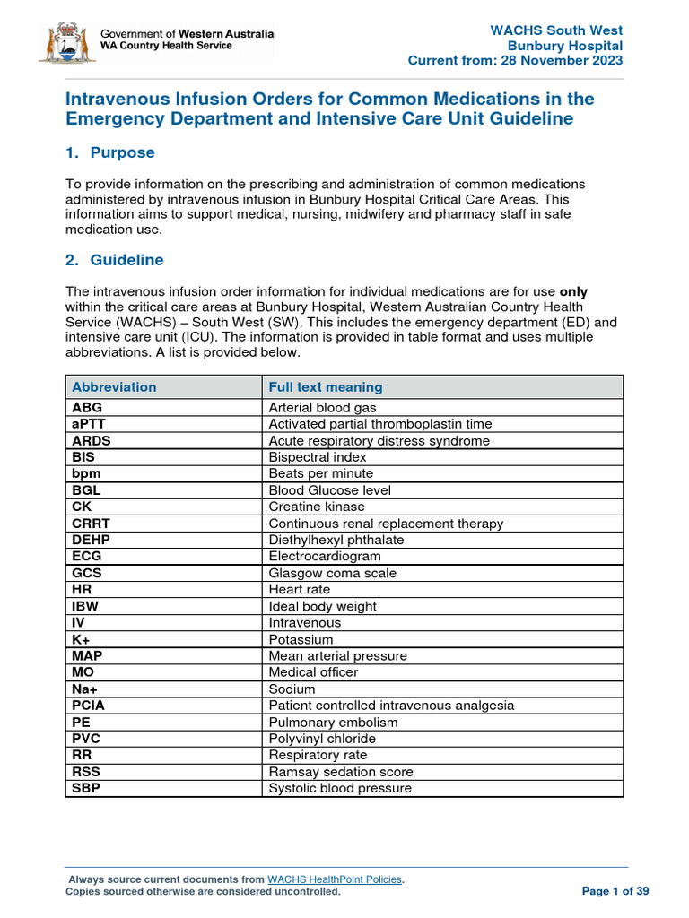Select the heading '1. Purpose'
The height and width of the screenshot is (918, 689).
click(x=109, y=153)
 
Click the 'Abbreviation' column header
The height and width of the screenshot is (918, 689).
click(x=114, y=387)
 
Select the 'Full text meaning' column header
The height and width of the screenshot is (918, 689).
click(x=326, y=387)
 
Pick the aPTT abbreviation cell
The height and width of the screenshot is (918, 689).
click(x=90, y=424)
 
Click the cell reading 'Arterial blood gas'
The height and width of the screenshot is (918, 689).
click(x=322, y=407)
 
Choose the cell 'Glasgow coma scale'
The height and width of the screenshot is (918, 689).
click(x=333, y=573)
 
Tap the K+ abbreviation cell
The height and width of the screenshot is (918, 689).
click(x=82, y=639)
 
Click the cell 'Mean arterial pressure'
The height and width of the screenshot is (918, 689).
click(x=338, y=656)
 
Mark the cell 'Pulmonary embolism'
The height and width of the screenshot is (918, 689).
click(x=333, y=723)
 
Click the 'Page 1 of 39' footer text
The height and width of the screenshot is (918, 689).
click(x=615, y=891)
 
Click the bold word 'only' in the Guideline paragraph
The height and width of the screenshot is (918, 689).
click(x=573, y=291)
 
